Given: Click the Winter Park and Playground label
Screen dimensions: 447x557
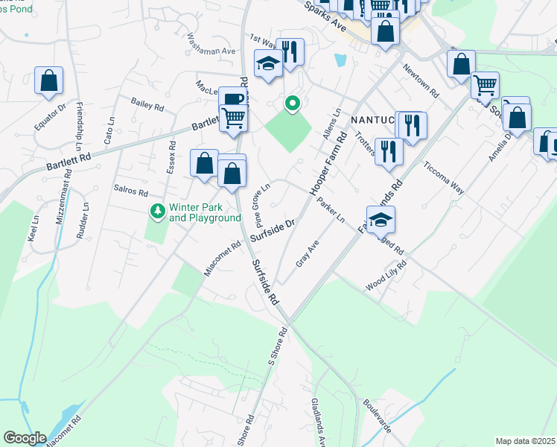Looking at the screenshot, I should [x=205, y=212].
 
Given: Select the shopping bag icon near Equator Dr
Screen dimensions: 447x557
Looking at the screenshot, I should [x=48, y=81].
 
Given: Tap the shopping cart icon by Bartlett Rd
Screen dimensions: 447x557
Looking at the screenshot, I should [x=233, y=118].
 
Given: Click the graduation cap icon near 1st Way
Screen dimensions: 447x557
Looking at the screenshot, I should [x=267, y=64].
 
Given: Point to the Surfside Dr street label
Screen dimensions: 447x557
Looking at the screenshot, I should [x=273, y=231].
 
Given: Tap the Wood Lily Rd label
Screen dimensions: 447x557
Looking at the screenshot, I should [x=386, y=276].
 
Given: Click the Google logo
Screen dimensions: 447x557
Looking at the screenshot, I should [x=25, y=438].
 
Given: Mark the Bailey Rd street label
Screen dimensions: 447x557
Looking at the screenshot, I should [x=147, y=107].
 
